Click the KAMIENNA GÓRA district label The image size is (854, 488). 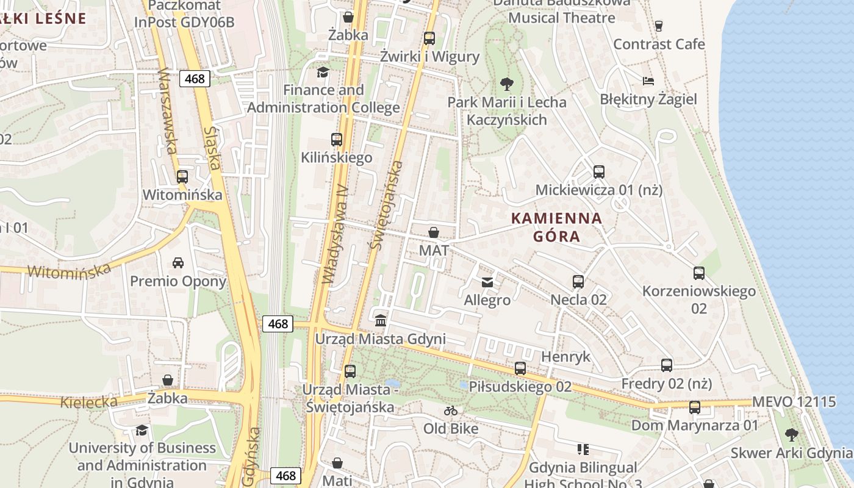pyautogui.click(x=556, y=227)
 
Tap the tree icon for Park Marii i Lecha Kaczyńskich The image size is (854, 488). pyautogui.click(x=506, y=84)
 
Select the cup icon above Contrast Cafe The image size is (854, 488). pyautogui.click(x=658, y=26)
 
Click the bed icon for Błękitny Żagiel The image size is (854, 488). pyautogui.click(x=648, y=81)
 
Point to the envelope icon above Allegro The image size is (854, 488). pyautogui.click(x=487, y=282)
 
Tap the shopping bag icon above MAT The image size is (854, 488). pyautogui.click(x=434, y=232)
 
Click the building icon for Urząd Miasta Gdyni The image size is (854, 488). pyautogui.click(x=381, y=320)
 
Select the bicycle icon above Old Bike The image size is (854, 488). pyautogui.click(x=451, y=411)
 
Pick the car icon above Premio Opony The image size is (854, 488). pyautogui.click(x=178, y=263)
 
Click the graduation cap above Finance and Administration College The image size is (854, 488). pyautogui.click(x=323, y=72)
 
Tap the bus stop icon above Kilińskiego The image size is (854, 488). pyautogui.click(x=336, y=139)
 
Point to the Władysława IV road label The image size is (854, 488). pyautogui.click(x=335, y=235)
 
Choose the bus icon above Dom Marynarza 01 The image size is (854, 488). pyautogui.click(x=695, y=407)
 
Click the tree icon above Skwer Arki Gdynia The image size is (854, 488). pyautogui.click(x=791, y=435)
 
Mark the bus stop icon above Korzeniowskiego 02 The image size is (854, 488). pyautogui.click(x=699, y=273)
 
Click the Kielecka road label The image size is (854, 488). pyautogui.click(x=89, y=402)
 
